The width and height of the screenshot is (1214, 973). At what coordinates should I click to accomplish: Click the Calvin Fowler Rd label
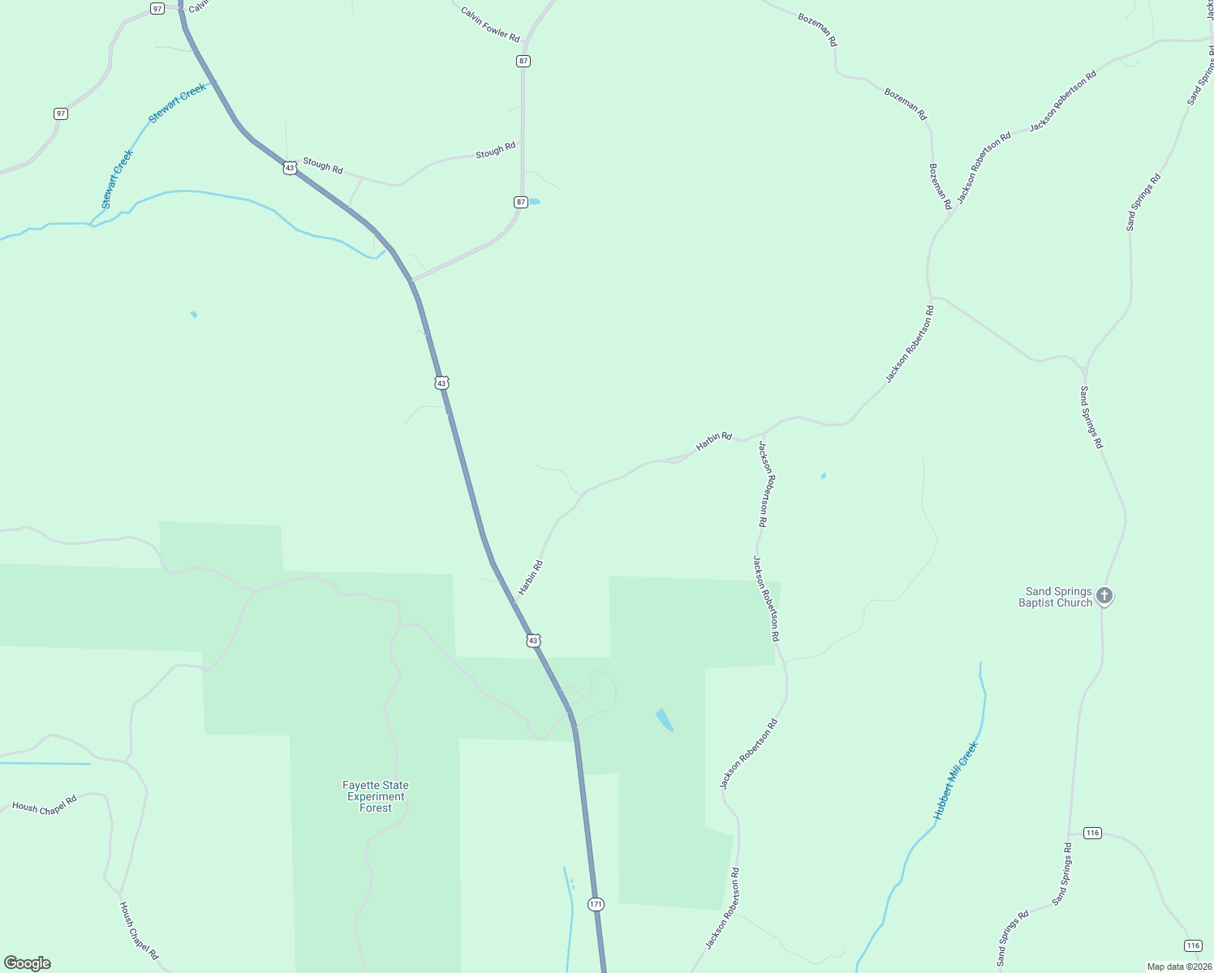click(489, 24)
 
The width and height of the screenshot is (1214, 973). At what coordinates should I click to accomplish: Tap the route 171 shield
click(596, 903)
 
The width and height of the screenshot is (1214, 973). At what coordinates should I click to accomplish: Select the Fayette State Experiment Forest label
click(376, 796)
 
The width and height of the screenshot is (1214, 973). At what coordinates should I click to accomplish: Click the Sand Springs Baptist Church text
click(1055, 597)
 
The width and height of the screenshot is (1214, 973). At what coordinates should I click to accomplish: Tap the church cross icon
click(1104, 596)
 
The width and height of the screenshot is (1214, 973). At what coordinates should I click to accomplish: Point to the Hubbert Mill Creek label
click(956, 781)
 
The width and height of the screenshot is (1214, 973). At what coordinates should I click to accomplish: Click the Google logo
click(28, 963)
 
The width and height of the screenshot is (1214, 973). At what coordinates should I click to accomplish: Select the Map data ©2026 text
click(1177, 967)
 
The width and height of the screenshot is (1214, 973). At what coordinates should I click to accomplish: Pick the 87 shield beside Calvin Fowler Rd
click(523, 61)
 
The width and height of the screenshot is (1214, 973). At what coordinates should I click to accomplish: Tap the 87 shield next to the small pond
click(521, 202)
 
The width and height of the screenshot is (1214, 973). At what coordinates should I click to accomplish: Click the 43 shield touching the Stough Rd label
click(290, 168)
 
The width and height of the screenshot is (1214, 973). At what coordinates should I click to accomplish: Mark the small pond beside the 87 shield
click(534, 202)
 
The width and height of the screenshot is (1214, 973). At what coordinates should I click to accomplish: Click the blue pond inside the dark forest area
click(664, 720)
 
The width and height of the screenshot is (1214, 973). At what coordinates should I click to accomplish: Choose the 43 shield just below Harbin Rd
click(532, 641)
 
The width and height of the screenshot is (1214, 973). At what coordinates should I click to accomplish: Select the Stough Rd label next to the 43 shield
click(323, 165)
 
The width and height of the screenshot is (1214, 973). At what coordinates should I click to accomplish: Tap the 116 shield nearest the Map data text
click(1192, 945)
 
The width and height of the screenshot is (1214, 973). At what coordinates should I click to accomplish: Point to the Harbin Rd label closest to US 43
click(531, 577)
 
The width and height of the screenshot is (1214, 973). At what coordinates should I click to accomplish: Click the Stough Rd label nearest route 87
click(495, 151)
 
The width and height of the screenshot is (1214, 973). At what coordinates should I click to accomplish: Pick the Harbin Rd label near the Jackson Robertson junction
click(714, 441)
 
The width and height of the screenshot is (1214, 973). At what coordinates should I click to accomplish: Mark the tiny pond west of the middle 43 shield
click(194, 314)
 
